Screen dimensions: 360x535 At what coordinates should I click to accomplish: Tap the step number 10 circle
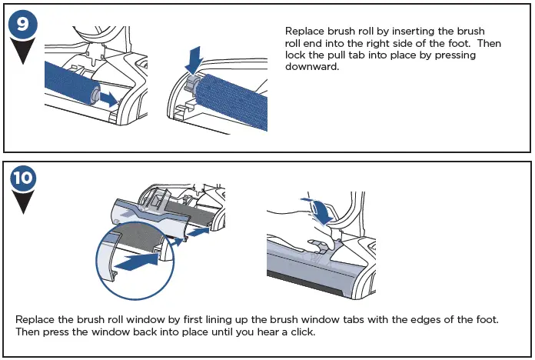click(x=24, y=179)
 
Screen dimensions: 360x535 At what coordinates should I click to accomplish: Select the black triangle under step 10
click(x=24, y=205)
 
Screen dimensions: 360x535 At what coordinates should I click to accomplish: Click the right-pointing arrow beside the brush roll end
click(x=109, y=98)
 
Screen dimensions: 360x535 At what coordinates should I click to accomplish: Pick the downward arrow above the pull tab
click(x=194, y=57)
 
